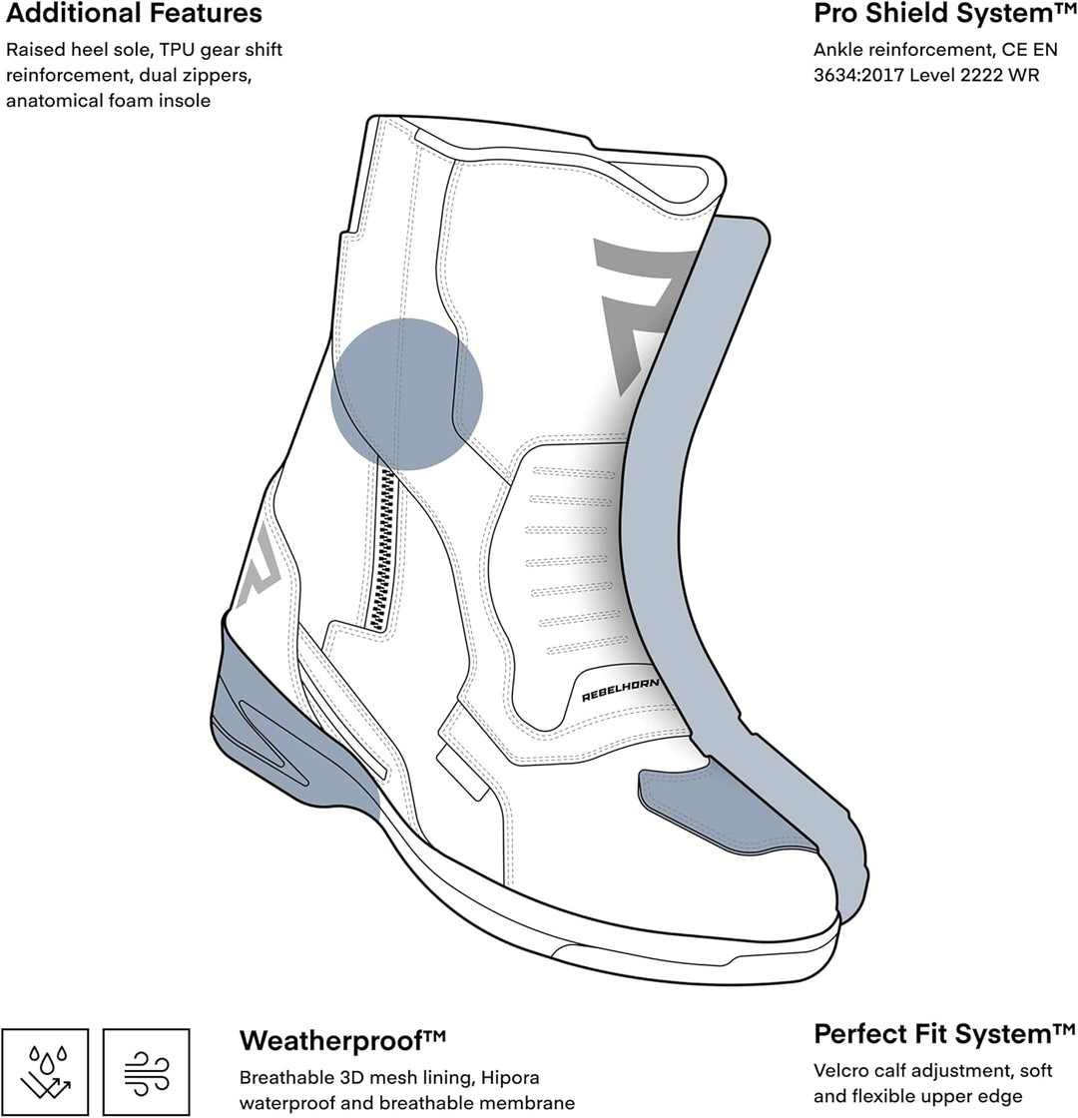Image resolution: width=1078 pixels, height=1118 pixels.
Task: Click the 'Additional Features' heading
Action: [134, 14]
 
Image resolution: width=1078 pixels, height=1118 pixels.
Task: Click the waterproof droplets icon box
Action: [45, 1072]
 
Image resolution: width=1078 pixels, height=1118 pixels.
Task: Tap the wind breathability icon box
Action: [146, 1072]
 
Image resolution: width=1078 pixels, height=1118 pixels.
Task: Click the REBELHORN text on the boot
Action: [620, 690]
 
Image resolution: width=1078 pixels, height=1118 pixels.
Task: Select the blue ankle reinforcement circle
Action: [406, 393]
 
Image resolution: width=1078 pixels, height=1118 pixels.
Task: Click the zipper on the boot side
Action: [383, 549]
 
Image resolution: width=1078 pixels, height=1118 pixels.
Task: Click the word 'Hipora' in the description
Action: [510, 1077]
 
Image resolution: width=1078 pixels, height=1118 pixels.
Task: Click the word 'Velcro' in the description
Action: [842, 1070]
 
